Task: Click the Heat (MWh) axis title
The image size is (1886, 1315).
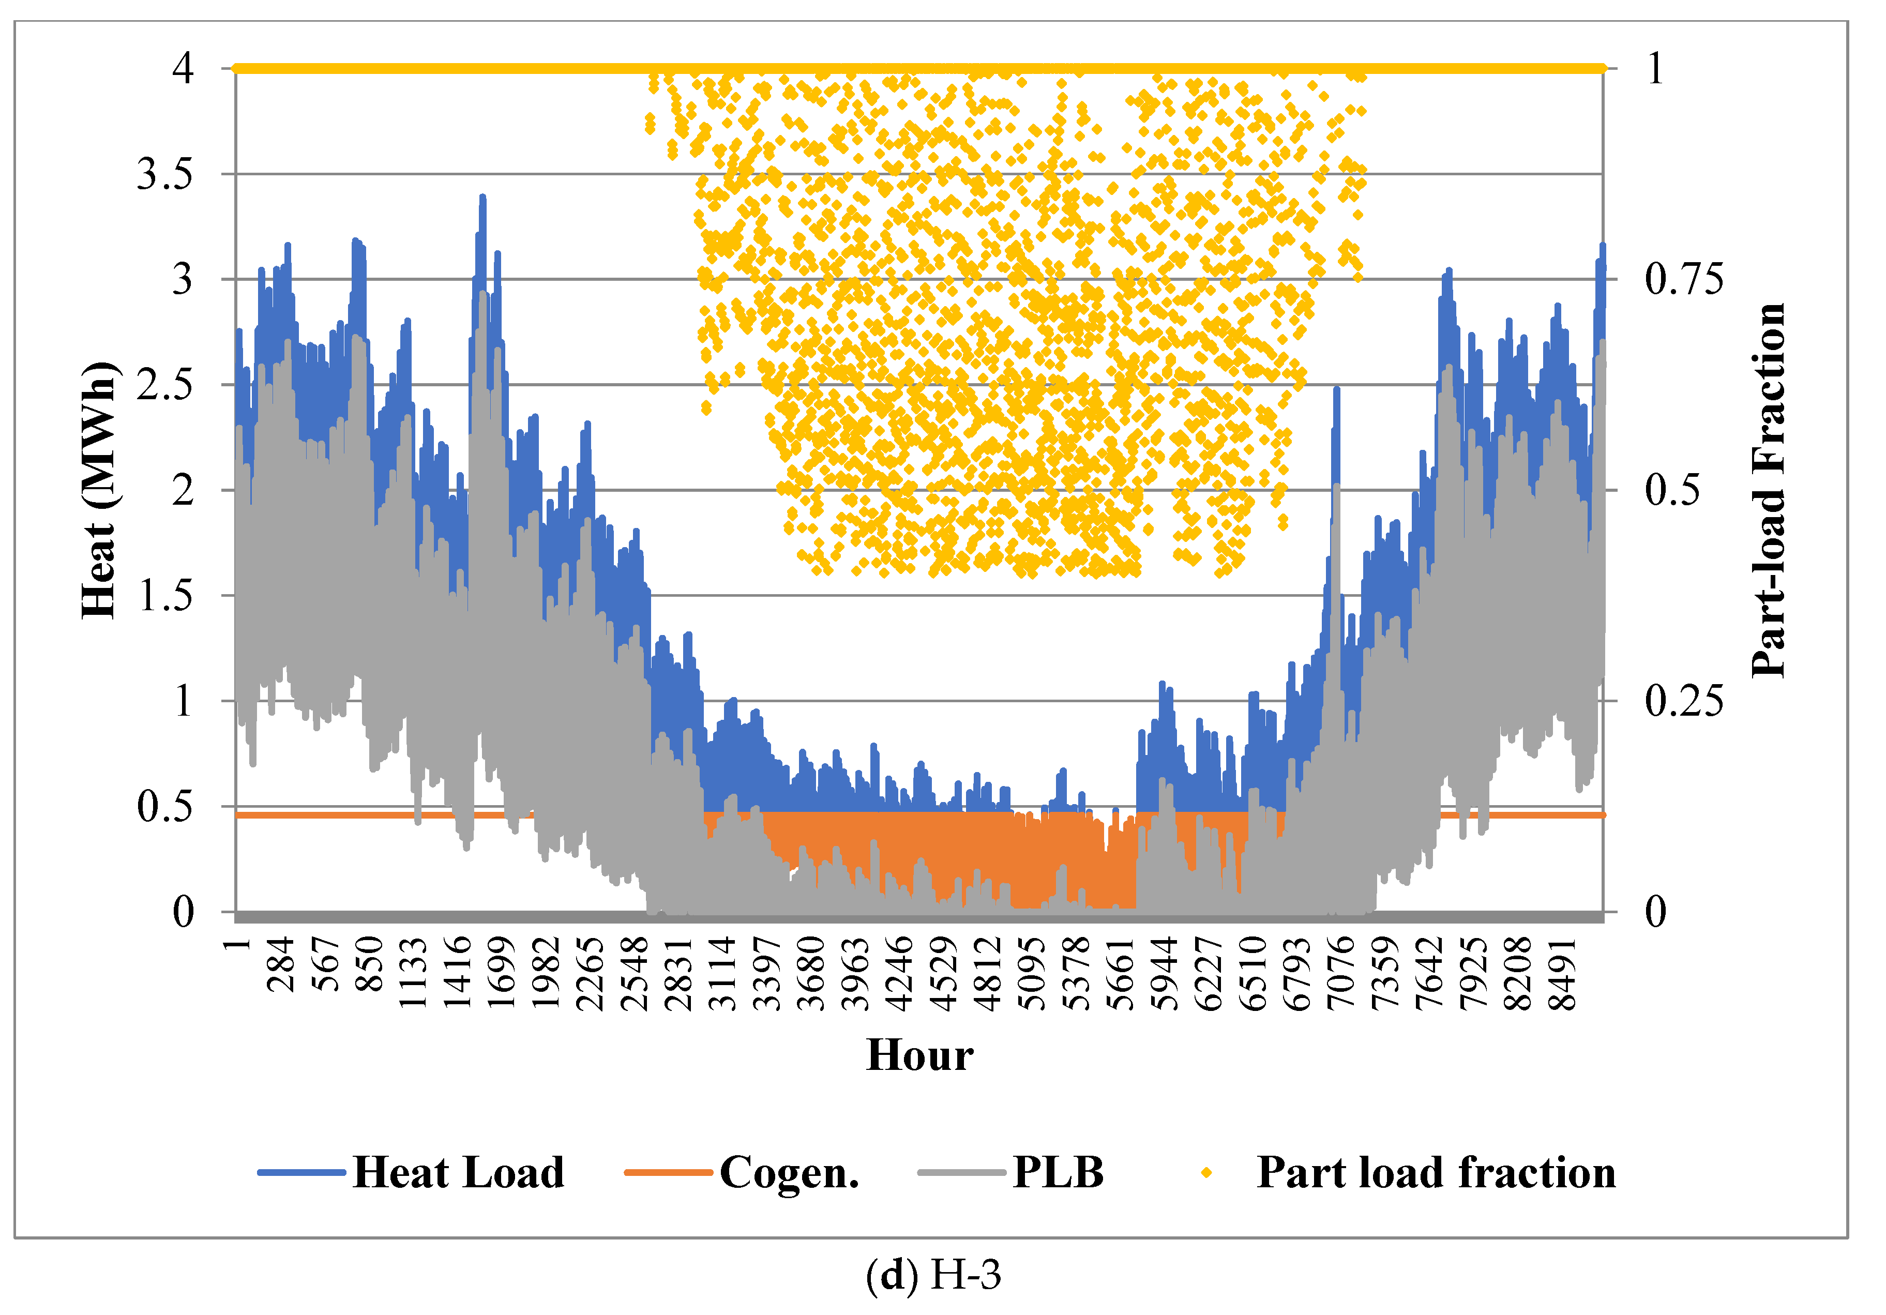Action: (x=99, y=490)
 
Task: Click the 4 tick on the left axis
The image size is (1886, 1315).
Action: (x=183, y=68)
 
